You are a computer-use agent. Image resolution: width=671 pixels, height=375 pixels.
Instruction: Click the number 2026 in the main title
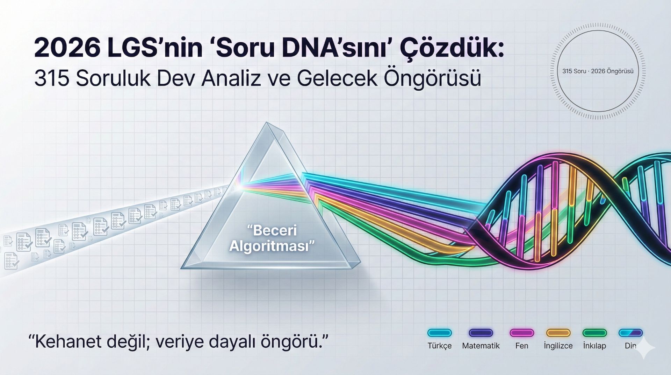pyautogui.click(x=66, y=48)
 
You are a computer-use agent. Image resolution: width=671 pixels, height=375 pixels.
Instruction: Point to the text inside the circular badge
pyautogui.click(x=598, y=71)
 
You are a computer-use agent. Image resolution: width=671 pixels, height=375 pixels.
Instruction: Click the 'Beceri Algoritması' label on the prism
pyautogui.click(x=272, y=238)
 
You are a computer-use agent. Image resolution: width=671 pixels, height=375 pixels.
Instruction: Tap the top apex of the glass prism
pyautogui.click(x=267, y=122)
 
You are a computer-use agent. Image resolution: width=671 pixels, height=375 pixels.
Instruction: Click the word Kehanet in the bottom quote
pyautogui.click(x=64, y=341)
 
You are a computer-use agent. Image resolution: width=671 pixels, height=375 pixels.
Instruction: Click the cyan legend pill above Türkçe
pyautogui.click(x=440, y=333)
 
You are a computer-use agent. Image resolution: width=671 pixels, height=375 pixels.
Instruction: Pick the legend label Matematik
pyautogui.click(x=481, y=346)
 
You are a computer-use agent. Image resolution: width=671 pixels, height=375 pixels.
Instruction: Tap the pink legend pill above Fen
pyautogui.click(x=522, y=333)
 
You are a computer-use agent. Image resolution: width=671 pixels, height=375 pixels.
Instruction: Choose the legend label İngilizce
pyautogui.click(x=558, y=346)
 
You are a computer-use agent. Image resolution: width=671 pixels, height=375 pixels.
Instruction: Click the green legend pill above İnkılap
pyautogui.click(x=594, y=333)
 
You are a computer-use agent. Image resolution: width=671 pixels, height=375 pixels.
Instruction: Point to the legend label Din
pyautogui.click(x=630, y=346)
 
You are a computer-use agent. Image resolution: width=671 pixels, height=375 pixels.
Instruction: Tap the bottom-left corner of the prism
pyautogui.click(x=181, y=268)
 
